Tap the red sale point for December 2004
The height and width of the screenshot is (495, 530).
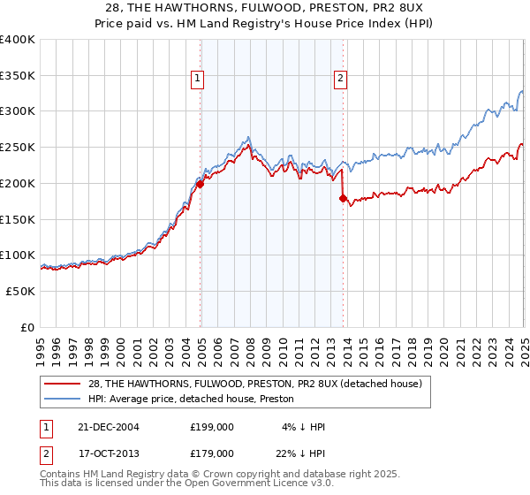[200, 184]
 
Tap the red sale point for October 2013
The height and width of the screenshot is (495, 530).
[343, 198]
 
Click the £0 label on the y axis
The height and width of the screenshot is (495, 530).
[27, 327]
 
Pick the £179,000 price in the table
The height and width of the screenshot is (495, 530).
[211, 453]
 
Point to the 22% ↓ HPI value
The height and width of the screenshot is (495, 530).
[302, 453]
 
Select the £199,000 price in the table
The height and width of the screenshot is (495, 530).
[211, 427]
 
